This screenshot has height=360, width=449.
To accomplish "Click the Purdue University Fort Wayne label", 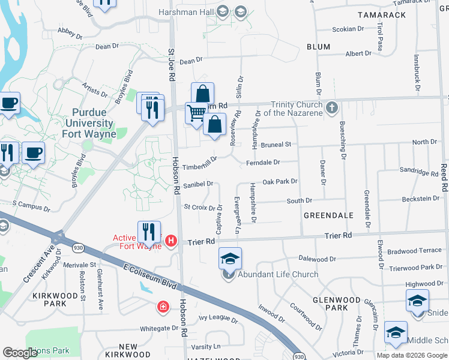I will pos(89,123).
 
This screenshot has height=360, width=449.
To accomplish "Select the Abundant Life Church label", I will pos(278,275).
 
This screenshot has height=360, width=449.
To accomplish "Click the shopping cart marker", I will pos(196,113).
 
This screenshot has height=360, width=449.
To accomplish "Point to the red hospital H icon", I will pos(171,241).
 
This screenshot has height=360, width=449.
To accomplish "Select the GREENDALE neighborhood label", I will pos(328,215).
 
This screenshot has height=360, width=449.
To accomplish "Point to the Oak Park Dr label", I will pos(280,181).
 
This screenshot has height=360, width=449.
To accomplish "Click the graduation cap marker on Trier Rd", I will pos(230,259).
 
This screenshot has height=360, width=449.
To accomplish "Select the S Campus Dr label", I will pos(30,207).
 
